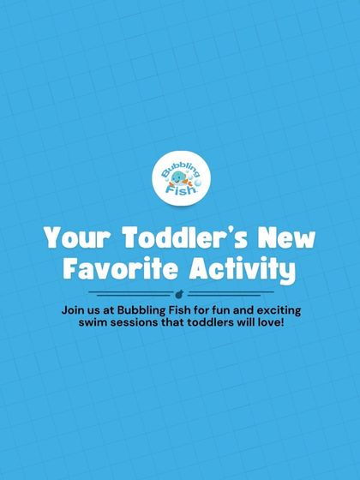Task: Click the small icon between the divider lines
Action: click(x=180, y=294)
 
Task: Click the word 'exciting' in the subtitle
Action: click(x=275, y=309)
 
